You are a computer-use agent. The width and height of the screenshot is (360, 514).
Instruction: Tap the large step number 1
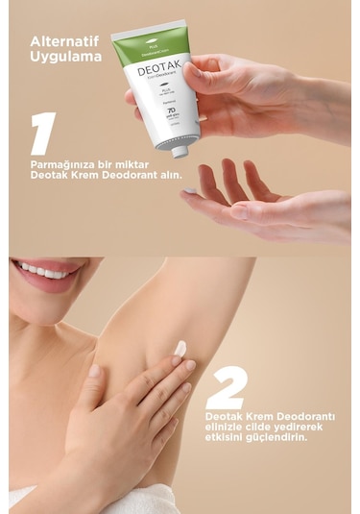pyautogui.click(x=42, y=134)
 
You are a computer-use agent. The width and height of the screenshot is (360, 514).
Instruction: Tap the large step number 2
pyautogui.click(x=227, y=388)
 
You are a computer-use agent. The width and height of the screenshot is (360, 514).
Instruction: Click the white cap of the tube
pyautogui.click(x=179, y=150)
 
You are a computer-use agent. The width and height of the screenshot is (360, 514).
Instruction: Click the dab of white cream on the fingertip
pyautogui.click(x=180, y=349)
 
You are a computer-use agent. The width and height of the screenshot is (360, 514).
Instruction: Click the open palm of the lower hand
pyautogui.click(x=240, y=207)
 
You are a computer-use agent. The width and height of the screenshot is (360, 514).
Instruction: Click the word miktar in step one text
pyautogui.click(x=137, y=163)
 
